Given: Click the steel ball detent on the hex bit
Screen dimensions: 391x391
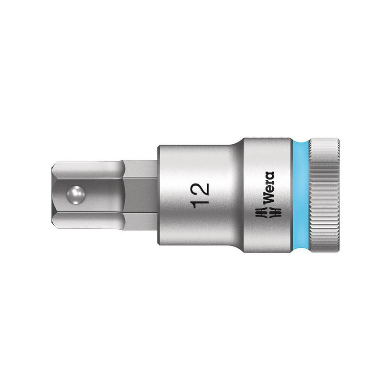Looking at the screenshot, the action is [x=76, y=195].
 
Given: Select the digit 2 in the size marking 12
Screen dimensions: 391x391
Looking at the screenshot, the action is [x=200, y=189].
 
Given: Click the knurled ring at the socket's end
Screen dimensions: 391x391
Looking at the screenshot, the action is [x=324, y=195].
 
